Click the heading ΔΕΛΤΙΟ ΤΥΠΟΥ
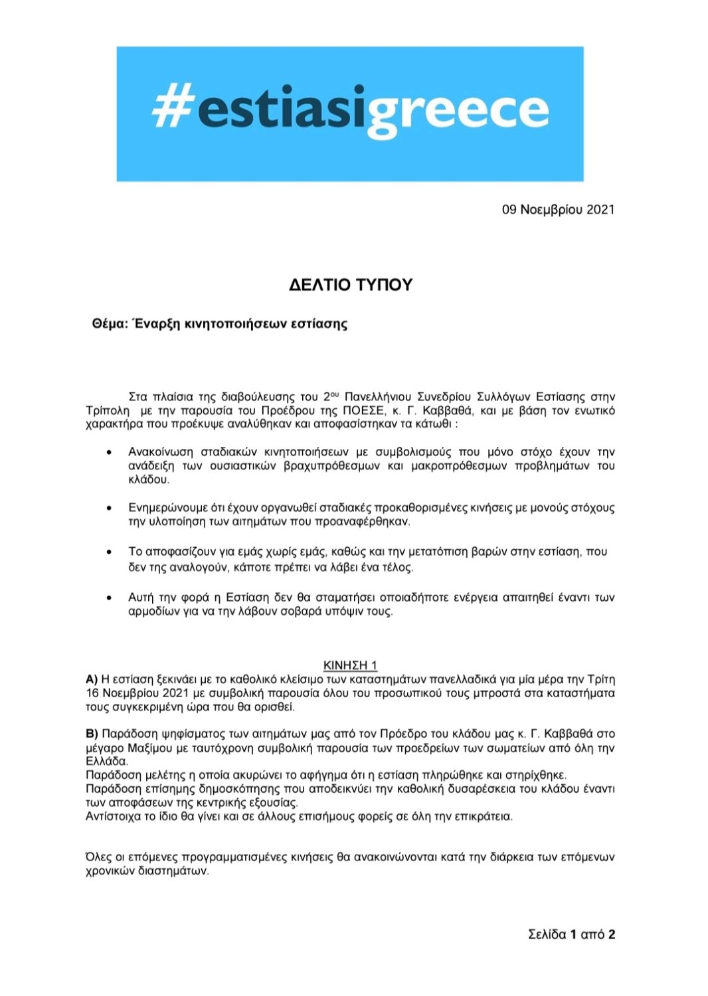point(351,285)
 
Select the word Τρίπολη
point(108,410)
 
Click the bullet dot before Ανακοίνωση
point(109,452)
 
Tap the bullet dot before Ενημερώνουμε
point(109,508)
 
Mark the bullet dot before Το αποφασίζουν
point(109,552)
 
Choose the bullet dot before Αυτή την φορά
point(109,598)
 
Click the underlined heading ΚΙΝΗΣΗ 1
point(350,665)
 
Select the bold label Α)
point(92,679)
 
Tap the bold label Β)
point(92,734)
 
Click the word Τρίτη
point(601,679)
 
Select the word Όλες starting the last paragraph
point(98,857)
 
